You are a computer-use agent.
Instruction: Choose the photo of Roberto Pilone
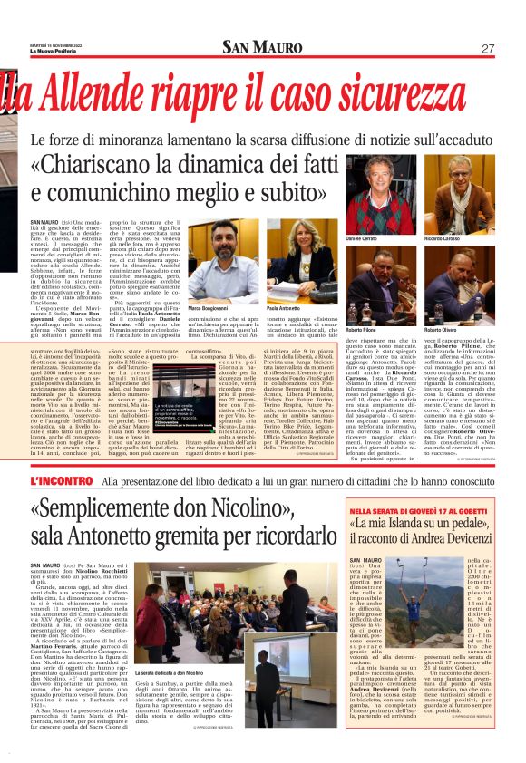375,285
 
